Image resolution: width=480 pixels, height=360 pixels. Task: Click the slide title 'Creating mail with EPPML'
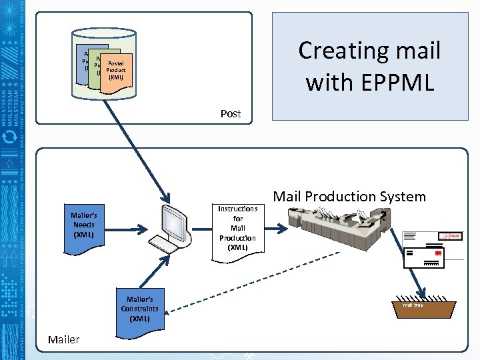point(369,65)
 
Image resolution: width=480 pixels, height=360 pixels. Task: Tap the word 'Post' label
point(231,113)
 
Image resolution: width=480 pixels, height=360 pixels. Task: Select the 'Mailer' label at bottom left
point(63,339)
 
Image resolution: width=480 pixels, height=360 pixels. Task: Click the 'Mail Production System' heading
point(349,196)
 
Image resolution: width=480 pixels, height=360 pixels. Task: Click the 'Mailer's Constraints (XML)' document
point(139,308)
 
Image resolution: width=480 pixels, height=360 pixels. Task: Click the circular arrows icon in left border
point(11,137)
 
